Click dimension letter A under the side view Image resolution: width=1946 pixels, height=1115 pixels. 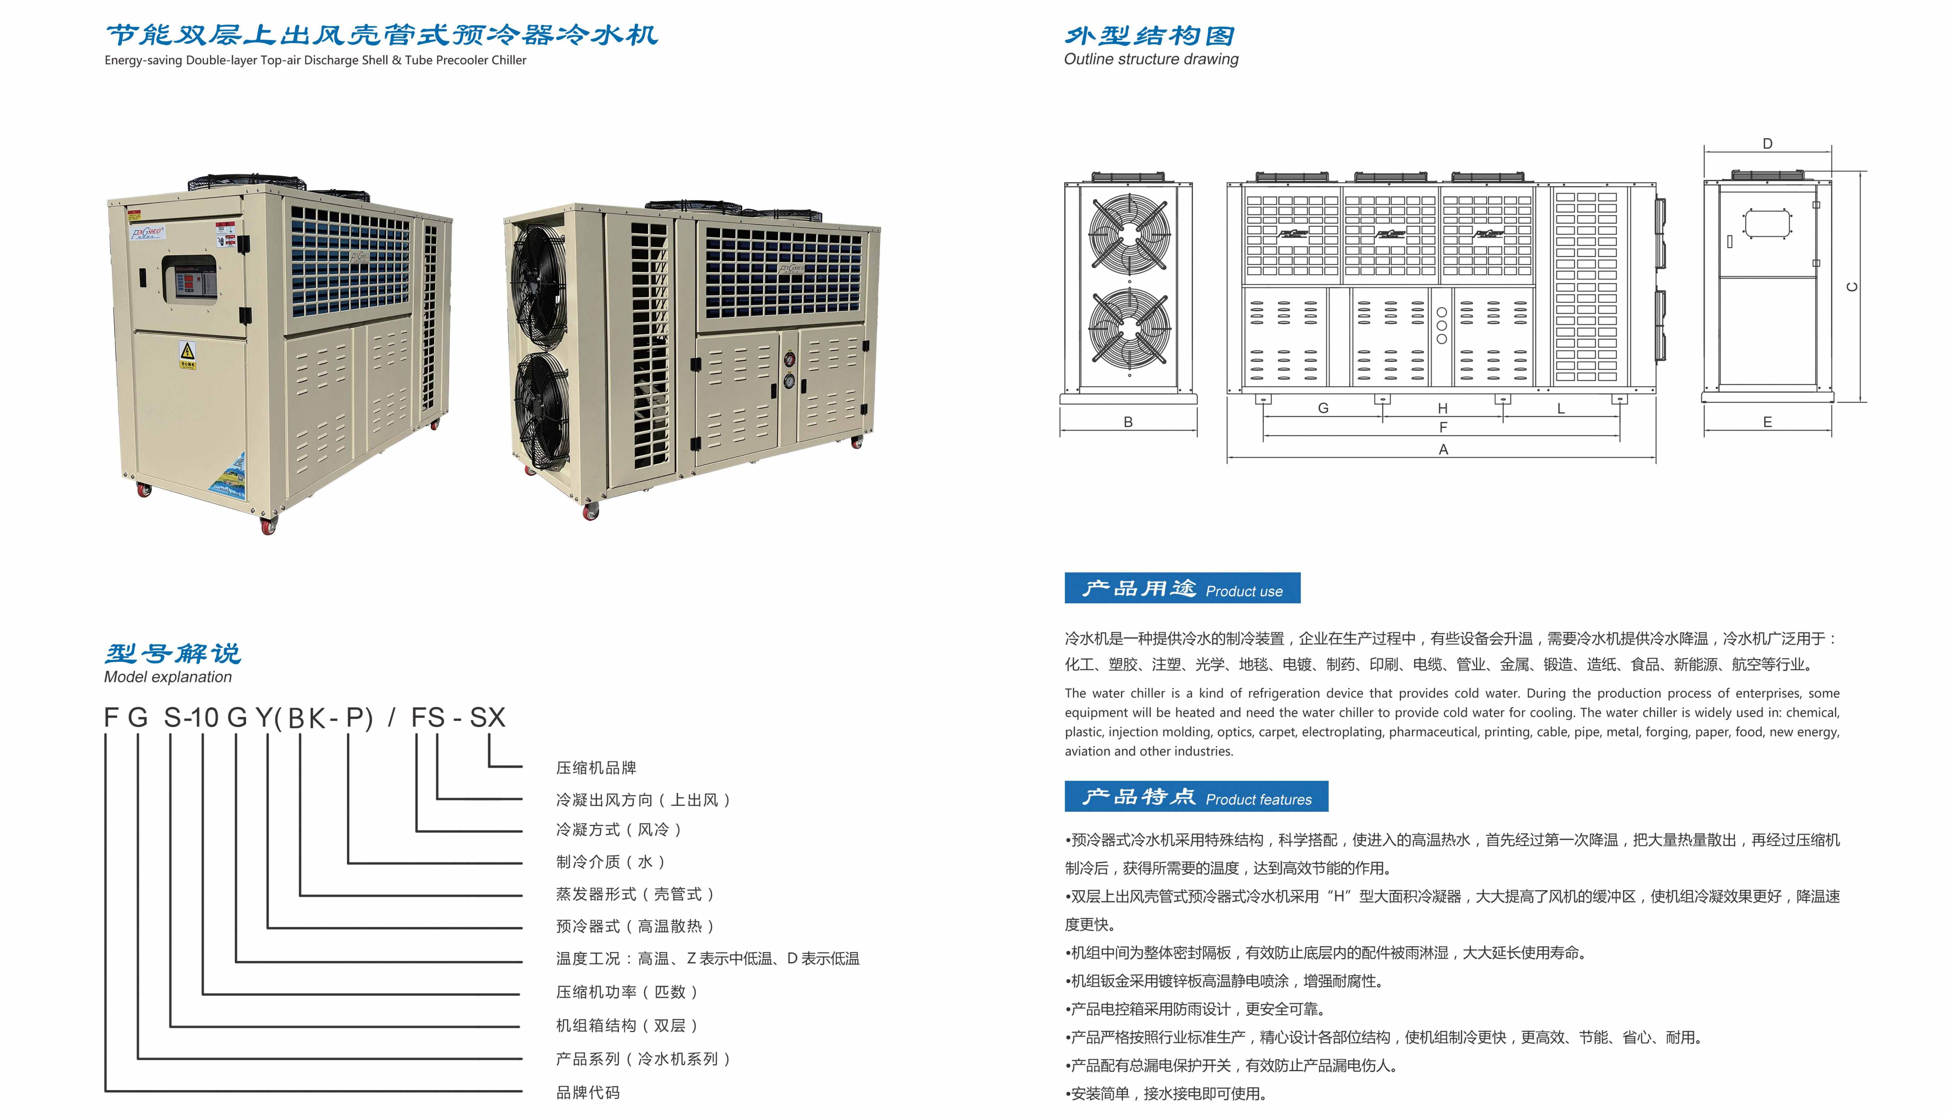click(x=1443, y=450)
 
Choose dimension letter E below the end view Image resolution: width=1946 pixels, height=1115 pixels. click(x=1767, y=422)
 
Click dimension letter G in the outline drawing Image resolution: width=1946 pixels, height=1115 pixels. click(x=1323, y=408)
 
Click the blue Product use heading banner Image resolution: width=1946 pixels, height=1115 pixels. click(x=1182, y=588)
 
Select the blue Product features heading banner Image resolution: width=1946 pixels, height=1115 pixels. click(x=1196, y=796)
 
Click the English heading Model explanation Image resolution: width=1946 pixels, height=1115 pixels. click(x=168, y=677)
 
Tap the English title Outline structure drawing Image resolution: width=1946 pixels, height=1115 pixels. click(x=1151, y=59)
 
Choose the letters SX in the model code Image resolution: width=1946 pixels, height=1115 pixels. click(x=488, y=717)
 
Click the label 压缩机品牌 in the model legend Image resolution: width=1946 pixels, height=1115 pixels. click(x=596, y=767)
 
